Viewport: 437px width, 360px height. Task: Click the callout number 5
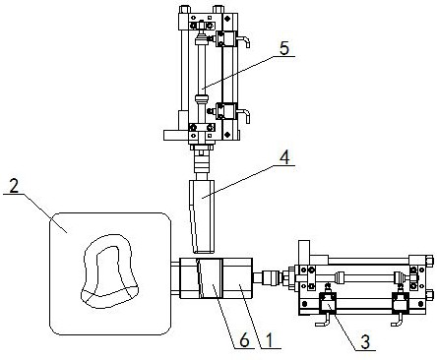[x=284, y=48]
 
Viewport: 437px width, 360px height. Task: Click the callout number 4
[x=284, y=157]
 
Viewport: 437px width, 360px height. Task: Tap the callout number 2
[x=14, y=187]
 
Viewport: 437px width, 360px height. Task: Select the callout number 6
[x=244, y=341]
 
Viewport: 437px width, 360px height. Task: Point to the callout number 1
[x=270, y=340]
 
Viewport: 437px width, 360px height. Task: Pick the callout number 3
[x=365, y=342]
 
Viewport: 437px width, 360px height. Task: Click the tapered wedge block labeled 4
[x=202, y=216]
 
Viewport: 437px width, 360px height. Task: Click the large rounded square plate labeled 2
[x=110, y=273]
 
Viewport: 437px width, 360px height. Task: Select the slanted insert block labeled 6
[x=210, y=278]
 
